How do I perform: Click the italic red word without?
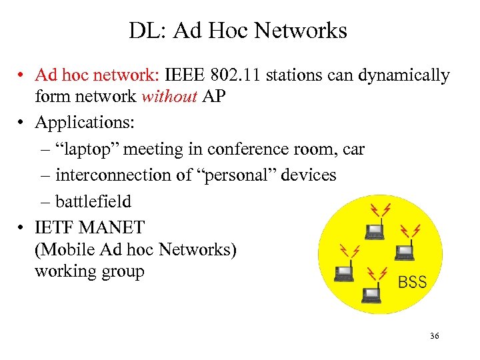tap(169, 97)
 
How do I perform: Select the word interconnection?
tap(109, 175)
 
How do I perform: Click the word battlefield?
tap(93, 201)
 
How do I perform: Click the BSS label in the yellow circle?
tap(412, 282)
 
